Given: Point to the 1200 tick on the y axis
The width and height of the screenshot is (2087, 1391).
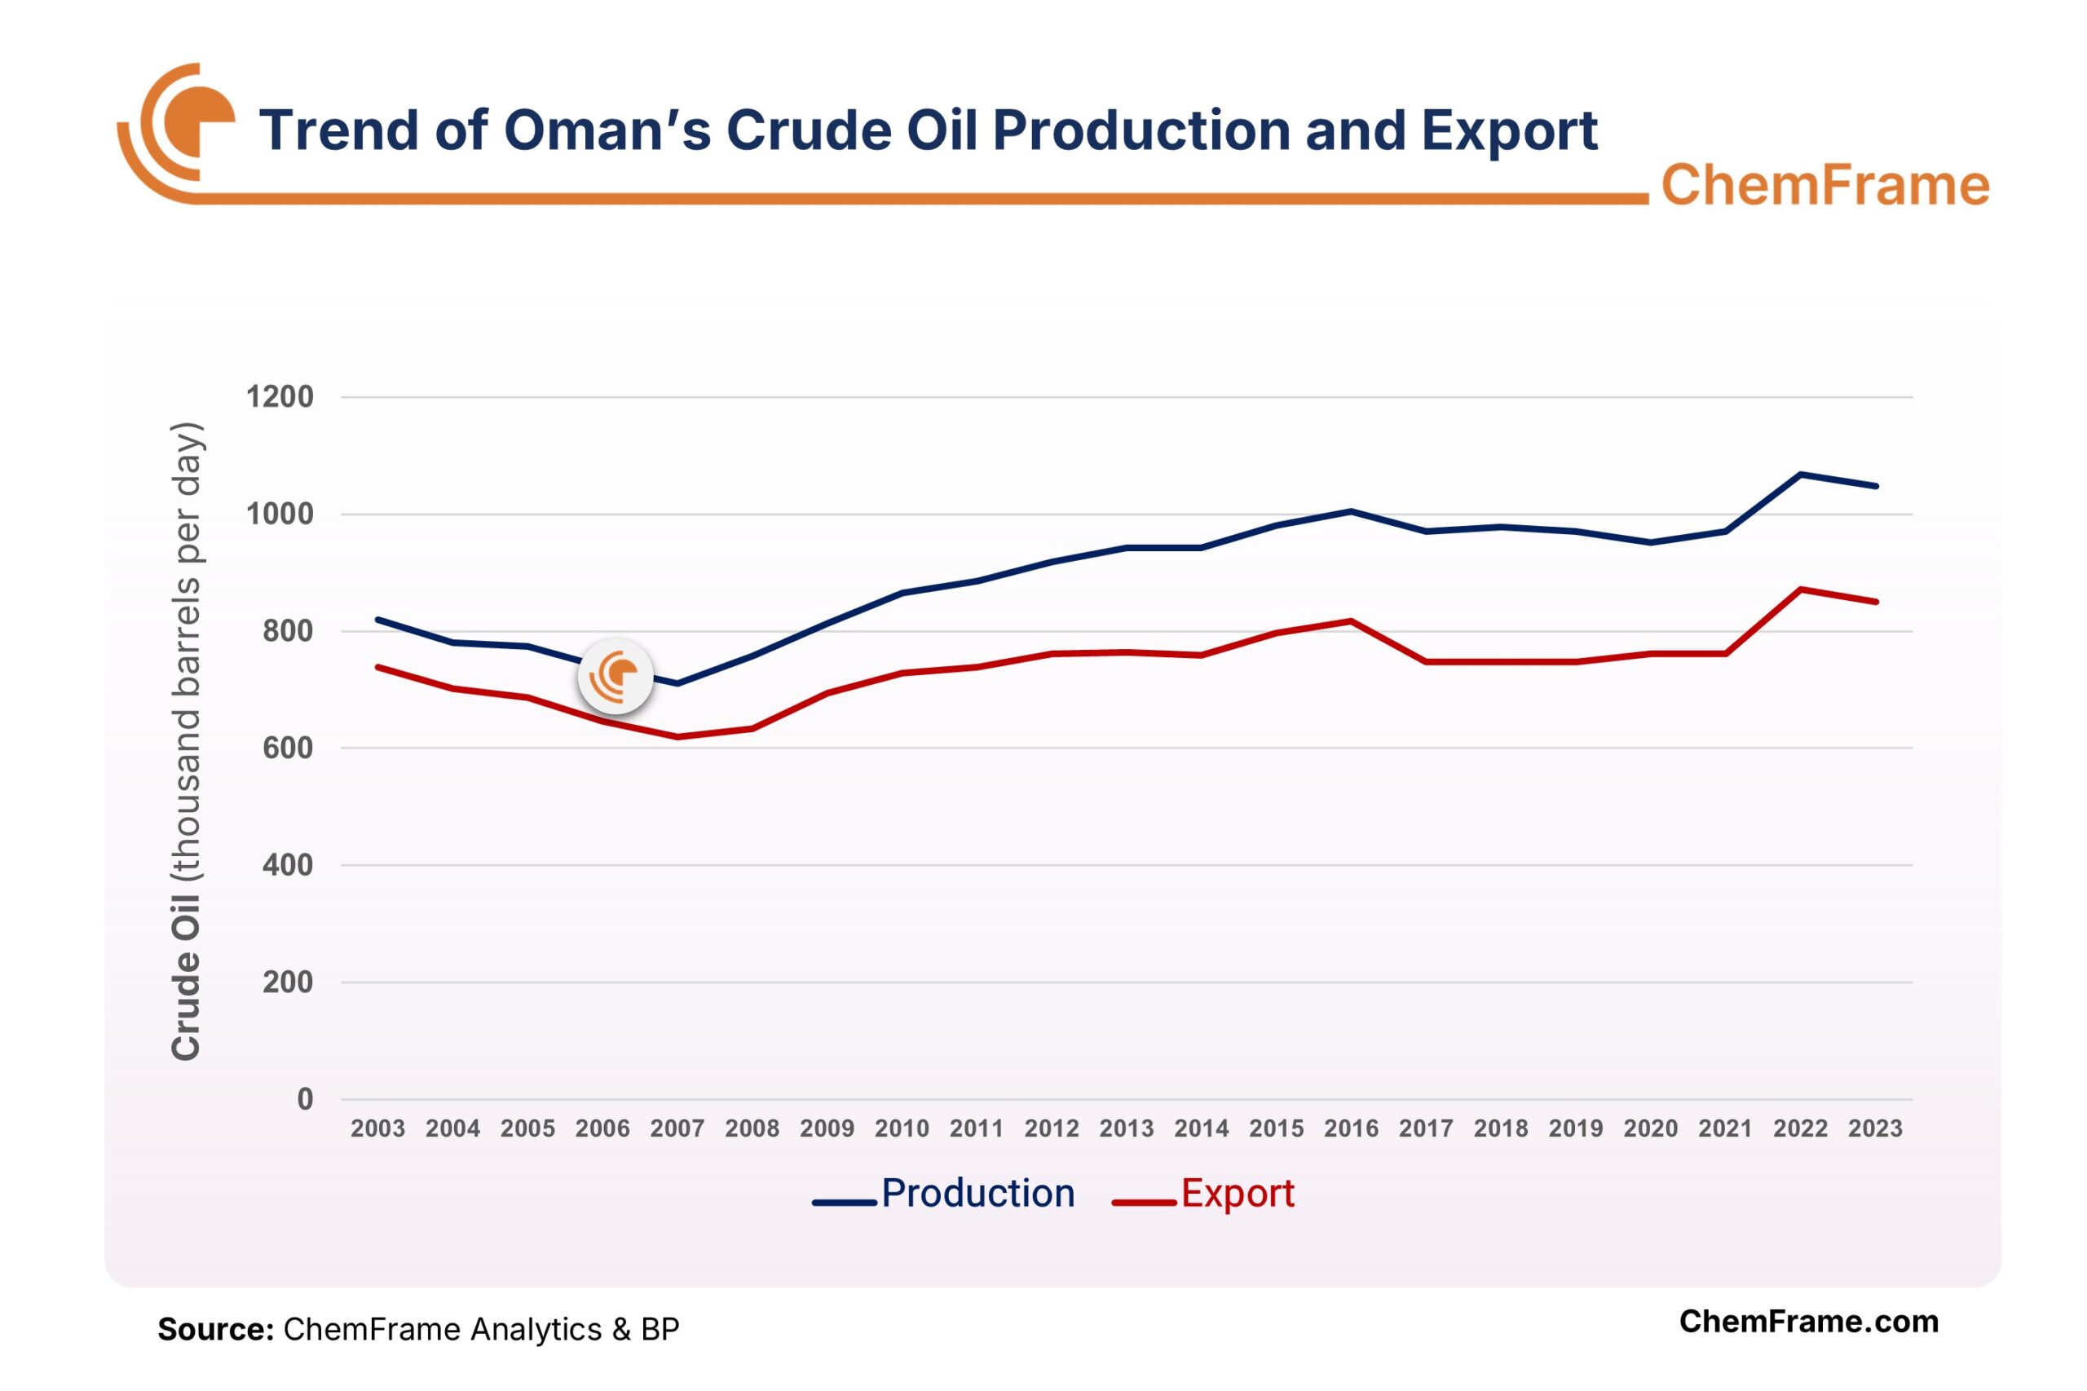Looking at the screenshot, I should pyautogui.click(x=280, y=396).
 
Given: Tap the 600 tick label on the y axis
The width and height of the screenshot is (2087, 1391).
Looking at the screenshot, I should pyautogui.click(x=288, y=748).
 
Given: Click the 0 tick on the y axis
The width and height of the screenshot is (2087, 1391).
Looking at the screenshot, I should pyautogui.click(x=305, y=1099).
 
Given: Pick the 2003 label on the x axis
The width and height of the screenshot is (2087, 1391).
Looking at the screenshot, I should pyautogui.click(x=377, y=1128).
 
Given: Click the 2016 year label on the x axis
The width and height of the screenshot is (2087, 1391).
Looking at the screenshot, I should pyautogui.click(x=1351, y=1128).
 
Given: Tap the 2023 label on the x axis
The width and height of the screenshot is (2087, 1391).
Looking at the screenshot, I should pyautogui.click(x=1875, y=1128).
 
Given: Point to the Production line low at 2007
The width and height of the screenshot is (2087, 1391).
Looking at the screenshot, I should pyautogui.click(x=677, y=683).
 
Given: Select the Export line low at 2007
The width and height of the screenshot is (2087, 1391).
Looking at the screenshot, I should pyautogui.click(x=677, y=736).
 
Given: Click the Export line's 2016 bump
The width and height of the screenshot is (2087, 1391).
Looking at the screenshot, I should pyautogui.click(x=1351, y=620).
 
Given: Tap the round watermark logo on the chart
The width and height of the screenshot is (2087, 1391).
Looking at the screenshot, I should pyautogui.click(x=616, y=676).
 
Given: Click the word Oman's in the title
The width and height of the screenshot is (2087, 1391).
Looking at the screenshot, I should pyautogui.click(x=607, y=130).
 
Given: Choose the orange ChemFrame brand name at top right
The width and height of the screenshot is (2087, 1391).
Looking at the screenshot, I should pyautogui.click(x=1824, y=184).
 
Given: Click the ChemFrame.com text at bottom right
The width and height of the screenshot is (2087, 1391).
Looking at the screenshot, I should pyautogui.click(x=1807, y=1321).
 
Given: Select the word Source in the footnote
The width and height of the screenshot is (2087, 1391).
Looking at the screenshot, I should pyautogui.click(x=214, y=1329).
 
